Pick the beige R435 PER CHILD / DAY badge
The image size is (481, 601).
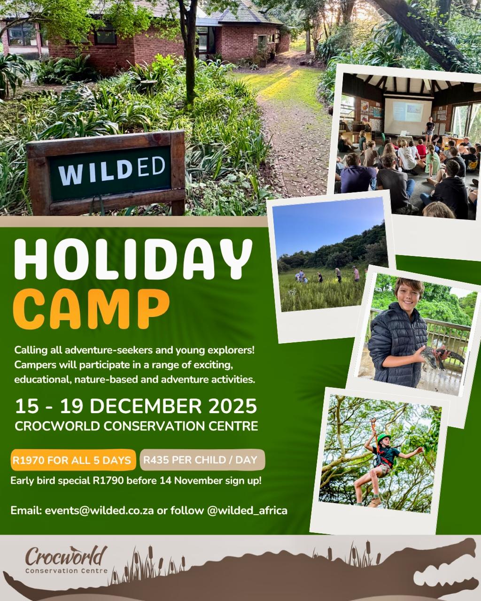click(202, 460)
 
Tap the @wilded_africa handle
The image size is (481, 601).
click(247, 510)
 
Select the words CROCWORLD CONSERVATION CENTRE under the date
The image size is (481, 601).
click(136, 426)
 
